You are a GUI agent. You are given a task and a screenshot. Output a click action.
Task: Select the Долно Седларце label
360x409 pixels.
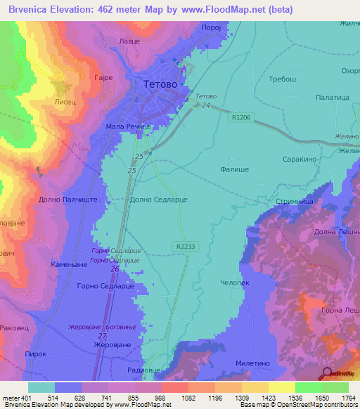(x=159, y=200)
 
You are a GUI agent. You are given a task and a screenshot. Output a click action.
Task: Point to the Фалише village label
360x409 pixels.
(x=233, y=169)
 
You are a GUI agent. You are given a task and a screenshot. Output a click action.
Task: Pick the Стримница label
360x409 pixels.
(x=290, y=201)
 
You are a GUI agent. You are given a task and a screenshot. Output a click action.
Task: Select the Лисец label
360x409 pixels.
(x=66, y=101)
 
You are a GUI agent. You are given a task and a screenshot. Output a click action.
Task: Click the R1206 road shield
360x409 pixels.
(x=240, y=118)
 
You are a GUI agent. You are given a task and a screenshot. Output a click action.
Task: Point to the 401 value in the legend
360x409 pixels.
(x=27, y=398)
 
